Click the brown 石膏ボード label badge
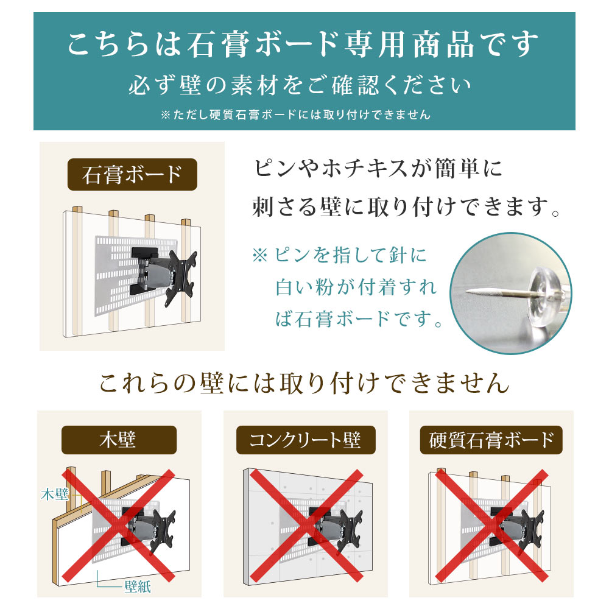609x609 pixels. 132,174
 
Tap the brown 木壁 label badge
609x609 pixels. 119,440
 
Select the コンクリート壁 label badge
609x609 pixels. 306,440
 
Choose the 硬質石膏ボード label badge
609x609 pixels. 491,440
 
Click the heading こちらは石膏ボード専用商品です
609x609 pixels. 303,44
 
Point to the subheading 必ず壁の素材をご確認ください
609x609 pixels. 300,85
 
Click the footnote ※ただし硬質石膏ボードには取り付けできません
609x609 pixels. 296,114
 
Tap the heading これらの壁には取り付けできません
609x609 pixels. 304,383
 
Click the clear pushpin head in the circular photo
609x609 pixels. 544,293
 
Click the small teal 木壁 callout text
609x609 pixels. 55,495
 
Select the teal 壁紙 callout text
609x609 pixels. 138,586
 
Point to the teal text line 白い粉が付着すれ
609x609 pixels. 356,287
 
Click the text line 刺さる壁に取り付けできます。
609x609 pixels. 406,206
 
